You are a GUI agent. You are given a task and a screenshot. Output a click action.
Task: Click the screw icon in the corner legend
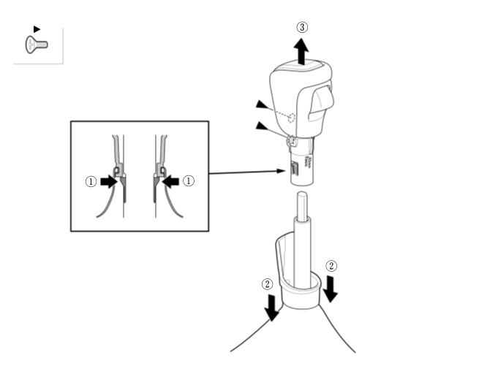click(x=37, y=45)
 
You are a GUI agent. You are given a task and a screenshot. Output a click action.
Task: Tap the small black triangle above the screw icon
click(x=37, y=29)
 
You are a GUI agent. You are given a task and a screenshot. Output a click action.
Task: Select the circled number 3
click(x=302, y=27)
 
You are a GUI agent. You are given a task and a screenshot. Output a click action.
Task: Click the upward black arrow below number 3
click(x=301, y=51)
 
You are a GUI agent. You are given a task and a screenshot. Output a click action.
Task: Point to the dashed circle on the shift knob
click(x=292, y=118)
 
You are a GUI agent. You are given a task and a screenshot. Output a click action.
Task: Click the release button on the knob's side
click(x=321, y=102)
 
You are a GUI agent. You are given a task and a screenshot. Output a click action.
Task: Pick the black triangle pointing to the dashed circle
click(x=262, y=104)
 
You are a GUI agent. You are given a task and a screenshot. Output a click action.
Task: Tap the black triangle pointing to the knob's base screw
click(x=262, y=126)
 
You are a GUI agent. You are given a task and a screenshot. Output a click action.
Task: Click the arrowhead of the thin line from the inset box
click(x=280, y=171)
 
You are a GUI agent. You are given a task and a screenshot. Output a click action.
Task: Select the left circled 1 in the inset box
click(x=91, y=181)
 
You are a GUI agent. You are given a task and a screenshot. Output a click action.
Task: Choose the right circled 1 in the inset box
click(x=189, y=181)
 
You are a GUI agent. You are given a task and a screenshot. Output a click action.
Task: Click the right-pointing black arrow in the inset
click(x=109, y=182)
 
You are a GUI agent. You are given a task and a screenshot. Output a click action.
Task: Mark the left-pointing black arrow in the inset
click(x=170, y=181)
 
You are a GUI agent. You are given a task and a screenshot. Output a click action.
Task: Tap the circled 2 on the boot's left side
click(x=268, y=284)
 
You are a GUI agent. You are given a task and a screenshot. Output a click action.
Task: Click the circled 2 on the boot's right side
click(x=331, y=266)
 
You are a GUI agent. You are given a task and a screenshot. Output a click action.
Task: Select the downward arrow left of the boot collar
click(x=271, y=308)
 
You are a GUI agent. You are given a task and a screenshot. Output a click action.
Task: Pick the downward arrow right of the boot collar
click(x=331, y=289)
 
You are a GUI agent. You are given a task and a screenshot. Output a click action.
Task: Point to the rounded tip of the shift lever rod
click(x=302, y=195)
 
